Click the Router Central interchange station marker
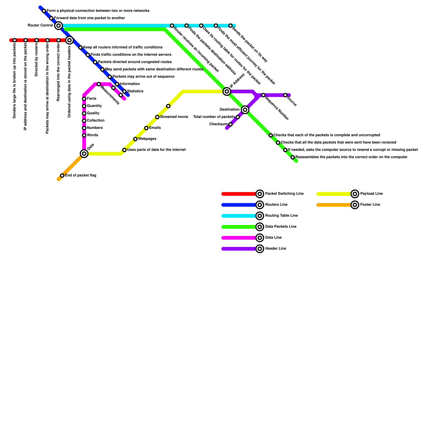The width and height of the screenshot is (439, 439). click(58, 26)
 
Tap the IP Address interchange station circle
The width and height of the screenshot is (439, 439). click(227, 91)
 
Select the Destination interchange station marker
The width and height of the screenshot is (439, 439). click(245, 110)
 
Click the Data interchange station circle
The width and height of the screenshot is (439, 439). click(84, 154)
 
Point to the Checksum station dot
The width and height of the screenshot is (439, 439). click(230, 125)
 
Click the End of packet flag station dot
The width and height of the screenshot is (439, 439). click(62, 176)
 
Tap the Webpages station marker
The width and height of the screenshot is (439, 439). click(135, 139)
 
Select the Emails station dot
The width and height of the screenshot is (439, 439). click(146, 128)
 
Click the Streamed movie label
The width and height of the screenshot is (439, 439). click(174, 117)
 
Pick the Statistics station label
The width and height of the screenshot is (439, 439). click(135, 91)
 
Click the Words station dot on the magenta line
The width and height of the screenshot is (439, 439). click(84, 136)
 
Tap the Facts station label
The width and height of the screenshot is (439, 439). click(91, 99)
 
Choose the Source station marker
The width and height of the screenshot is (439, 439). click(285, 95)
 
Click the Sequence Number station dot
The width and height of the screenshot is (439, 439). click(263, 95)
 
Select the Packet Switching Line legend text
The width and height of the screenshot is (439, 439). click(284, 194)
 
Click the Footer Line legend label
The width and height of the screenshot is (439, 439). click(370, 205)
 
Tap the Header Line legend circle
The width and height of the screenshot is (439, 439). click(260, 249)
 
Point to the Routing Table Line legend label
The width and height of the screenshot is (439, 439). click(281, 216)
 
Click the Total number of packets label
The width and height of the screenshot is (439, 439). click(214, 117)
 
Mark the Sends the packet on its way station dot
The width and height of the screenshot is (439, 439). click(230, 26)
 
